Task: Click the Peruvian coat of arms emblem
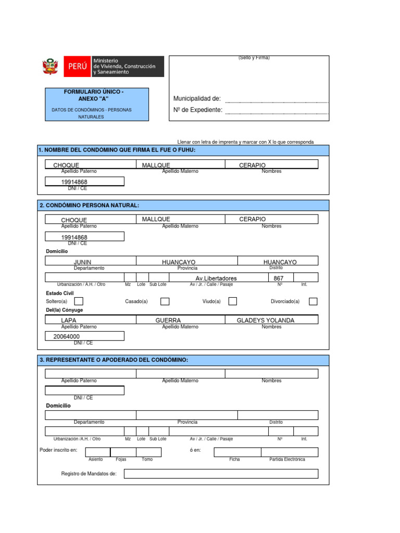(51, 67)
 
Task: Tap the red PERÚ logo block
(76, 67)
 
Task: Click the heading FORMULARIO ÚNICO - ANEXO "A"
(94, 95)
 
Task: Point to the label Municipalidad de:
(197, 99)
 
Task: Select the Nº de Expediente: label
(198, 110)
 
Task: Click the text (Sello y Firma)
(254, 58)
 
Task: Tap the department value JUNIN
(83, 262)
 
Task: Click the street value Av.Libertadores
(216, 278)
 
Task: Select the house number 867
(280, 278)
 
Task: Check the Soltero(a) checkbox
(79, 301)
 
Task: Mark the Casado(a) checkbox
(165, 301)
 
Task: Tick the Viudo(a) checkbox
(233, 301)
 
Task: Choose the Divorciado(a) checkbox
(313, 301)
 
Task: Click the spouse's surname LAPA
(69, 321)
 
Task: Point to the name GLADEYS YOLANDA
(266, 321)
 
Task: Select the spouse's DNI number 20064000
(67, 337)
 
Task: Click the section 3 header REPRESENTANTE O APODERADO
(114, 360)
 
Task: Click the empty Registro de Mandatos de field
(221, 474)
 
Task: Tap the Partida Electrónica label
(287, 460)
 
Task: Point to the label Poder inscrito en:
(58, 449)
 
